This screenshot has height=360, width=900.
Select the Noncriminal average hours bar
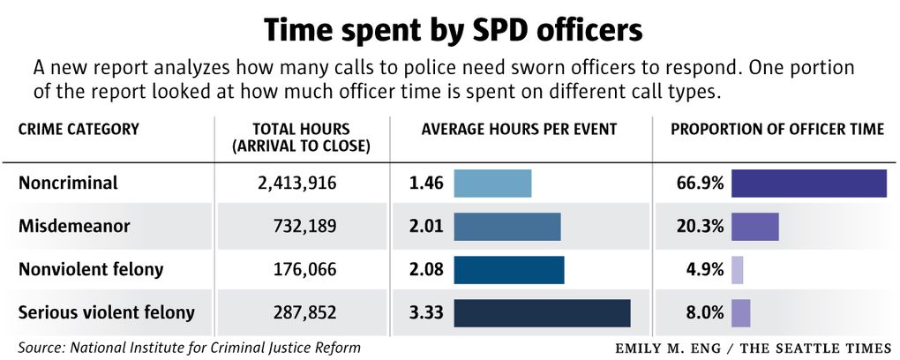492,184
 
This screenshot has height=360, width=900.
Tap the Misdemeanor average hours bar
507,227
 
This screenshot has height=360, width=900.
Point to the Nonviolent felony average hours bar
509,270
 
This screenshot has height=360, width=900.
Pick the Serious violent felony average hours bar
542,313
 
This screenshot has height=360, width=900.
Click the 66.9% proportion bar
808,184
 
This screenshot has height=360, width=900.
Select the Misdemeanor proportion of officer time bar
754,227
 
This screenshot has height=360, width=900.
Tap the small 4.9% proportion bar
738,270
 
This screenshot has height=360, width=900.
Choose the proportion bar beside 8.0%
741,313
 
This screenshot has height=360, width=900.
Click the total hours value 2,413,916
291,184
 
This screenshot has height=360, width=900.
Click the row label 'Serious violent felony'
106,313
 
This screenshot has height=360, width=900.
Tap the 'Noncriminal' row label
68,184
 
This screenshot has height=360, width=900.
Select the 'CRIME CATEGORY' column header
79,130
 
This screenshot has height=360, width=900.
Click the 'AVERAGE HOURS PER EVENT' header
519,130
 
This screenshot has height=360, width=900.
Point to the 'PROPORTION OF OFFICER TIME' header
777,130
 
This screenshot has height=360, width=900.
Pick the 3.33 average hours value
425,313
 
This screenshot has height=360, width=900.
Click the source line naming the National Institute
189,347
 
